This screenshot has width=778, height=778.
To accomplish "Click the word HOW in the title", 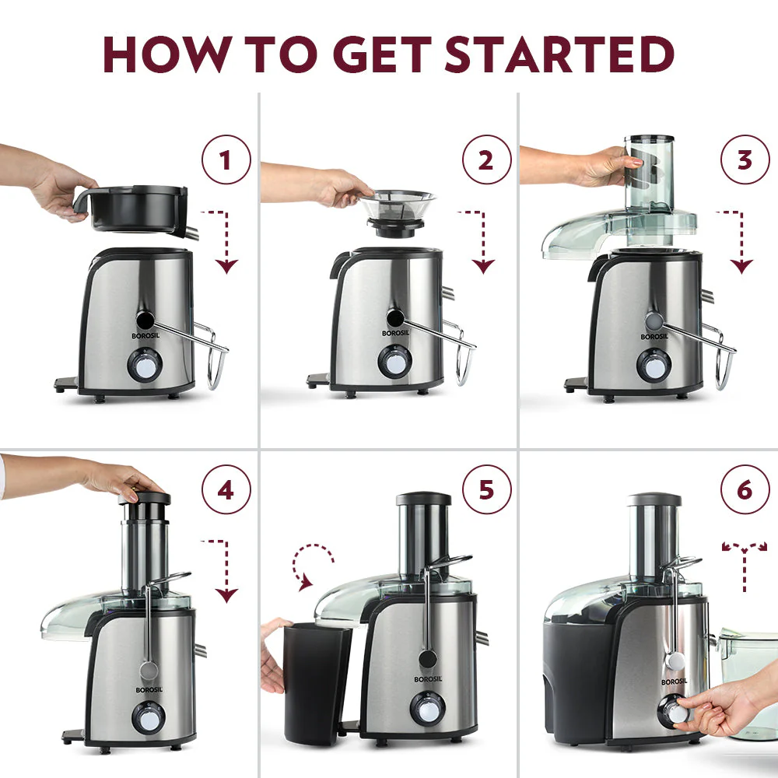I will coord(162,54).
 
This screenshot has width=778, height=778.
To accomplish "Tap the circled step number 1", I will coord(226,161).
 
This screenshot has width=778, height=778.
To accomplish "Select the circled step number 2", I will coord(486,161).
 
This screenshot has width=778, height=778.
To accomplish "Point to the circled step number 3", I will coord(745,159).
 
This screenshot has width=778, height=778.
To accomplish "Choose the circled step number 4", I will coord(226,492).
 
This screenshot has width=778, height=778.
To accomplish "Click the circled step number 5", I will coord(486,492).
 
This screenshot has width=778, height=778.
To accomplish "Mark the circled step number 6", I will coord(745,492).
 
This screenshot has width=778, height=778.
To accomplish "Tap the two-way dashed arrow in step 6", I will coord(745,563).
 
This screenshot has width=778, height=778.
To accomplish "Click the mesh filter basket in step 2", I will coord(398,205).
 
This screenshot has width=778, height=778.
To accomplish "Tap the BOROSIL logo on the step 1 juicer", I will coord(145,335).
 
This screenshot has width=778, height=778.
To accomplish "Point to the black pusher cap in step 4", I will coord(145,499).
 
